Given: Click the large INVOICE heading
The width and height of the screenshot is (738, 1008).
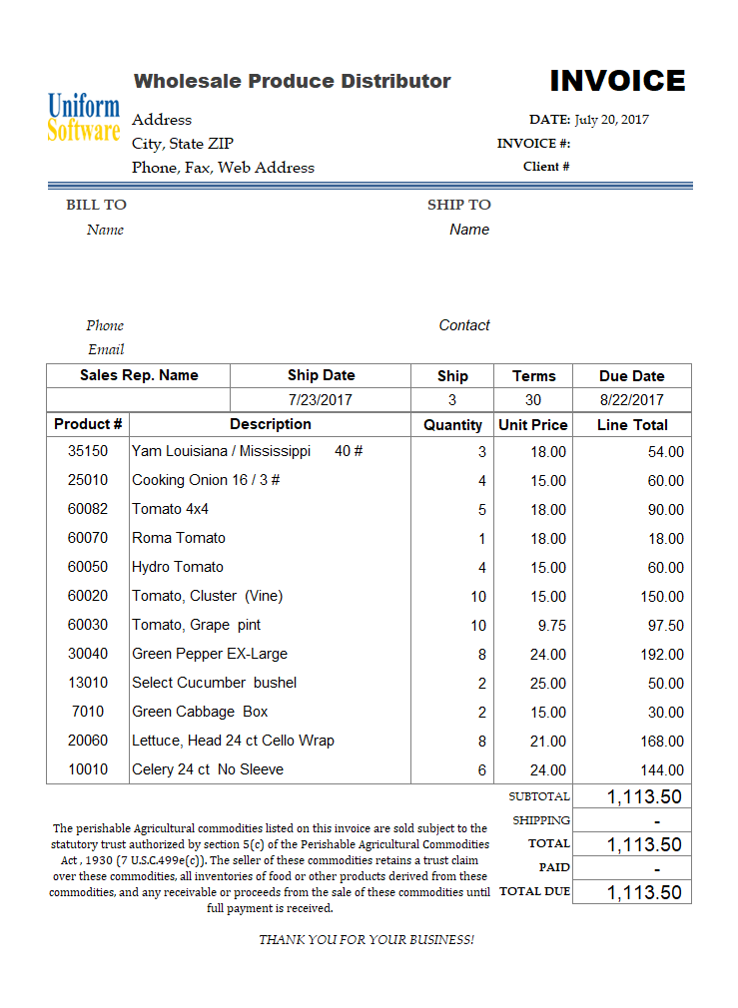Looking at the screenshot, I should click(x=617, y=81).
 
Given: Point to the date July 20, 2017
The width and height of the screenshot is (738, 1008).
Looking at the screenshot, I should click(x=611, y=120).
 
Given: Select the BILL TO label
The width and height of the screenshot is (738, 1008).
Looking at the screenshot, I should click(x=96, y=205).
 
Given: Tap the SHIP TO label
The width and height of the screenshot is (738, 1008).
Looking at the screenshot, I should click(x=458, y=205).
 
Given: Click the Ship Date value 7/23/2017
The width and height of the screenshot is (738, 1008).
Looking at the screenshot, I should click(x=321, y=400).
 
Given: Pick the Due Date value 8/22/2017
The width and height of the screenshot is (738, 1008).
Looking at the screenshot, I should click(x=631, y=400).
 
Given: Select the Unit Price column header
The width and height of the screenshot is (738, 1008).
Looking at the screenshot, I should click(x=533, y=425).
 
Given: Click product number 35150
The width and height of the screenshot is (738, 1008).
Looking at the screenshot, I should click(x=88, y=451).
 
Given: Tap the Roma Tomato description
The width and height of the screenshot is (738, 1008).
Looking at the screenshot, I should click(x=179, y=538).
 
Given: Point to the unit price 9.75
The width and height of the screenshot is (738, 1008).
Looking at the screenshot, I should click(x=550, y=626).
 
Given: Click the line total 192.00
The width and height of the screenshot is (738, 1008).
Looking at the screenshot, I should click(x=662, y=655).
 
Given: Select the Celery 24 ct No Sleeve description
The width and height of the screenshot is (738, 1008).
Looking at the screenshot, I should click(x=208, y=769).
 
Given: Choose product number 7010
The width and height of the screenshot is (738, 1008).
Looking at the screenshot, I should click(x=88, y=712).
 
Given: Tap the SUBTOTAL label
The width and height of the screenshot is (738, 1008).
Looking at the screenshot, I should click(x=539, y=796).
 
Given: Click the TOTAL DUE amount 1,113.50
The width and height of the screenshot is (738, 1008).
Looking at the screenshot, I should click(x=644, y=893).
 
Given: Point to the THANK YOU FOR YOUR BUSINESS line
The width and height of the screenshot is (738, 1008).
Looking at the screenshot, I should click(x=367, y=940).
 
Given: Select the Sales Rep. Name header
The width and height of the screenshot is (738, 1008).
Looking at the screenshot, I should click(x=139, y=375).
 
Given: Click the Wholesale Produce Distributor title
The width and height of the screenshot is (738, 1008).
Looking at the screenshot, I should click(x=293, y=81).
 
